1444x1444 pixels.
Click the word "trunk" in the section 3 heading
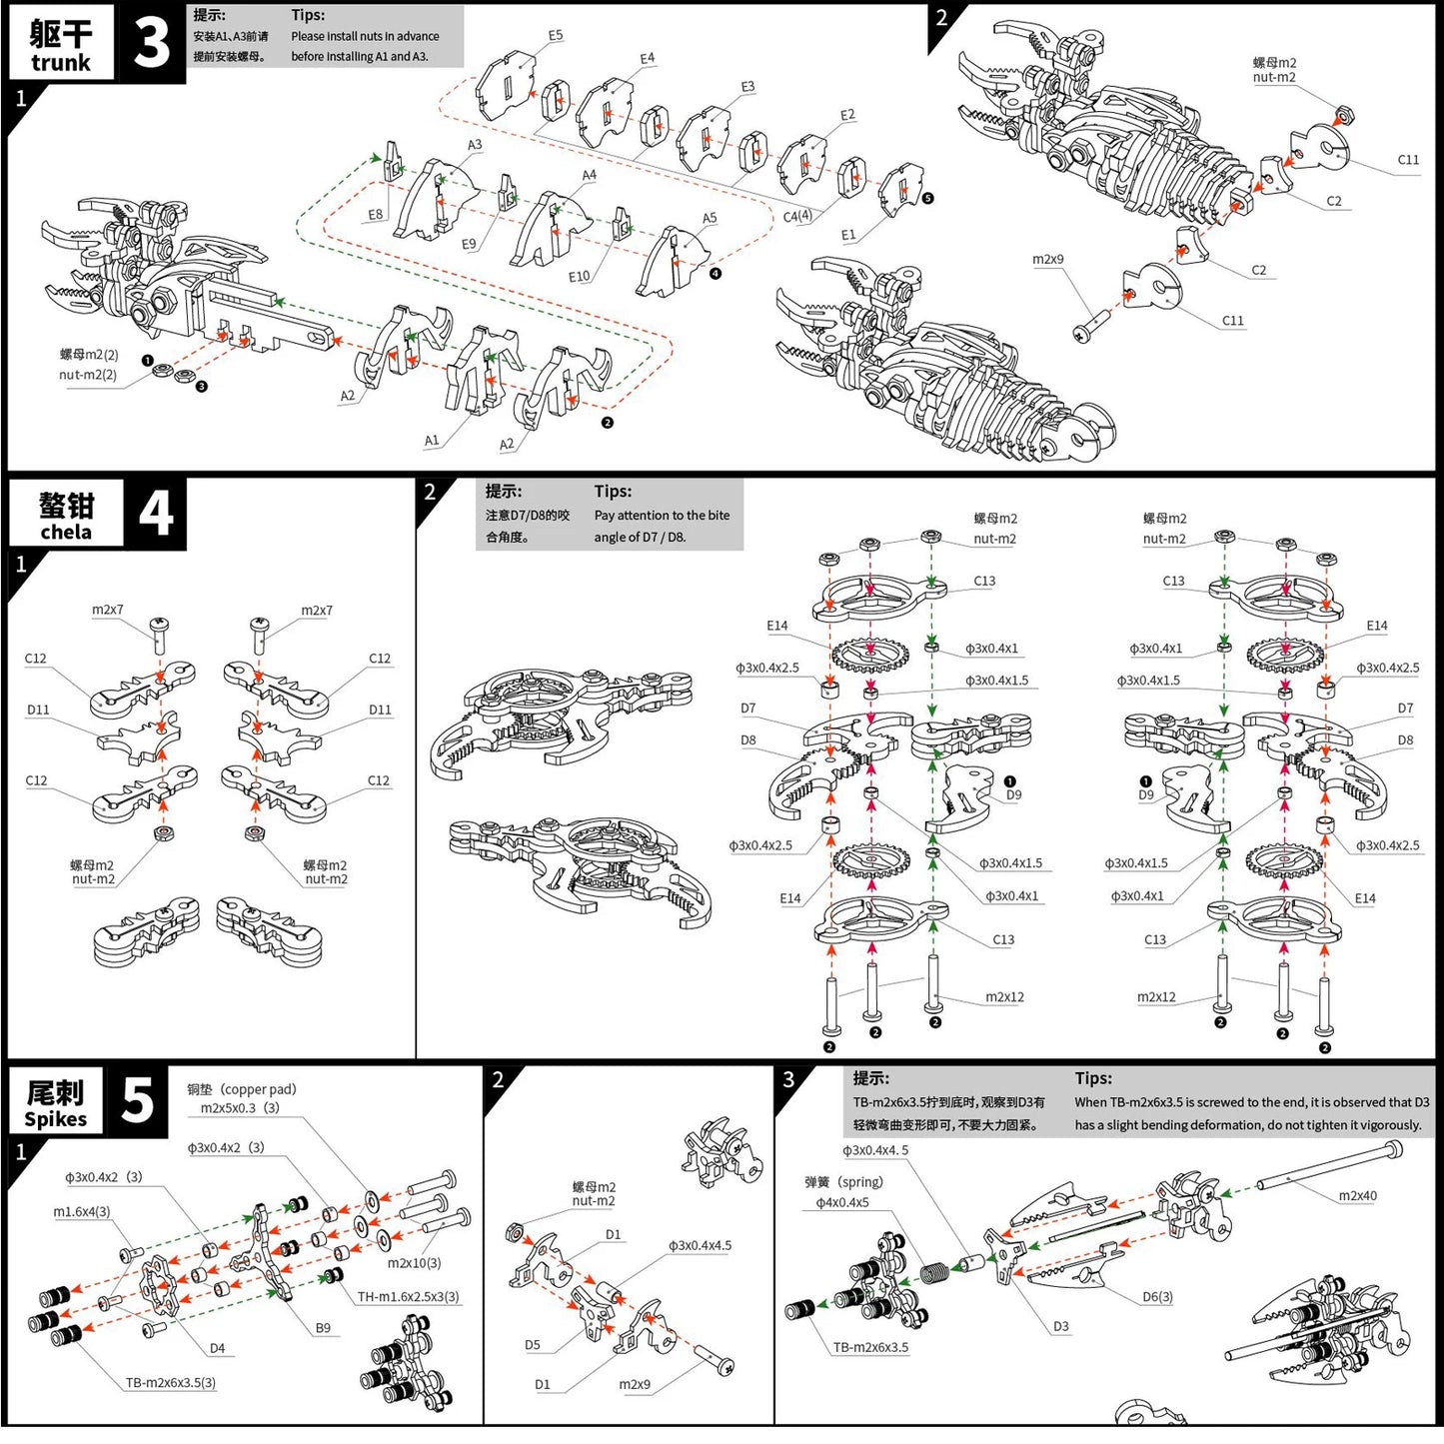pyautogui.click(x=60, y=63)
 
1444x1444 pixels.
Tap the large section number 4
pyautogui.click(x=155, y=514)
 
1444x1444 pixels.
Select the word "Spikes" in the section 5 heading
pyautogui.click(x=55, y=1119)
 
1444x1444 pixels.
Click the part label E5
pyautogui.click(x=556, y=35)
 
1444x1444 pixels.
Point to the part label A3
pyautogui.click(x=475, y=145)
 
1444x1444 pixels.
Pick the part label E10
pyautogui.click(x=580, y=277)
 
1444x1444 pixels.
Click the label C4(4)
pyautogui.click(x=797, y=216)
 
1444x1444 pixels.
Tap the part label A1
pyautogui.click(x=432, y=441)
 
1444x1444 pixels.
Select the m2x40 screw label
pyautogui.click(x=1357, y=1196)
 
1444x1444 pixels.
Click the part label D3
pyautogui.click(x=1060, y=1327)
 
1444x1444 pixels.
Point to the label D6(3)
pyautogui.click(x=1157, y=1297)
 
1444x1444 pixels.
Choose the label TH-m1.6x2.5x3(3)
pyautogui.click(x=408, y=1297)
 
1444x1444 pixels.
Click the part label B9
pyautogui.click(x=323, y=1328)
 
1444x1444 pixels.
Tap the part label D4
pyautogui.click(x=217, y=1348)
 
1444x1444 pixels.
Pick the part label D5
pyautogui.click(x=533, y=1345)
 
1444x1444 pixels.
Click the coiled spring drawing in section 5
pyautogui.click(x=934, y=1274)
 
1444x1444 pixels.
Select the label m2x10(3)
pyautogui.click(x=414, y=1263)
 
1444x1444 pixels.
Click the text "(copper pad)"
pyautogui.click(x=258, y=1089)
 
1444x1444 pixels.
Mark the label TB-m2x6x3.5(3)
pyautogui.click(x=170, y=1383)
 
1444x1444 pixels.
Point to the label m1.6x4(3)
pyautogui.click(x=81, y=1211)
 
